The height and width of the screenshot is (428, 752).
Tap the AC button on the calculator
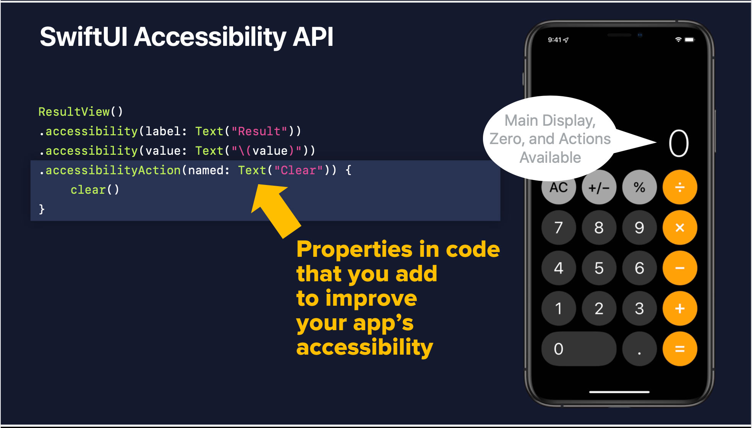558,187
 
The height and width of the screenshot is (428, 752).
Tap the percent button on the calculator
639,187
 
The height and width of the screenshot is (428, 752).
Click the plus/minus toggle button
599,187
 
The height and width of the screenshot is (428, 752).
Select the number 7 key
558,228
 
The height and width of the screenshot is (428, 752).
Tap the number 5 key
599,268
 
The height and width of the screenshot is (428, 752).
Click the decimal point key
639,349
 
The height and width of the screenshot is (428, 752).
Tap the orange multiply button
680,228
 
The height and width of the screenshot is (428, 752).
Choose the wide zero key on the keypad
579,349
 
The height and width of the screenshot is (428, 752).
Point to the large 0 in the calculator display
679,144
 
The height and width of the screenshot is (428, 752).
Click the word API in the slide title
313,37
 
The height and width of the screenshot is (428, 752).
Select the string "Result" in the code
259,131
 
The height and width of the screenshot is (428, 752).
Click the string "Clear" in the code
299,170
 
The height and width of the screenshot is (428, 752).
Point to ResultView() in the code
81,112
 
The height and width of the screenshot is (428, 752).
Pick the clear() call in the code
95,190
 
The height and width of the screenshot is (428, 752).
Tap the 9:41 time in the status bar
554,40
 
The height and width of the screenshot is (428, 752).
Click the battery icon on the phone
689,40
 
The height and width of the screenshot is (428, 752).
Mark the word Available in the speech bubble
550,157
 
